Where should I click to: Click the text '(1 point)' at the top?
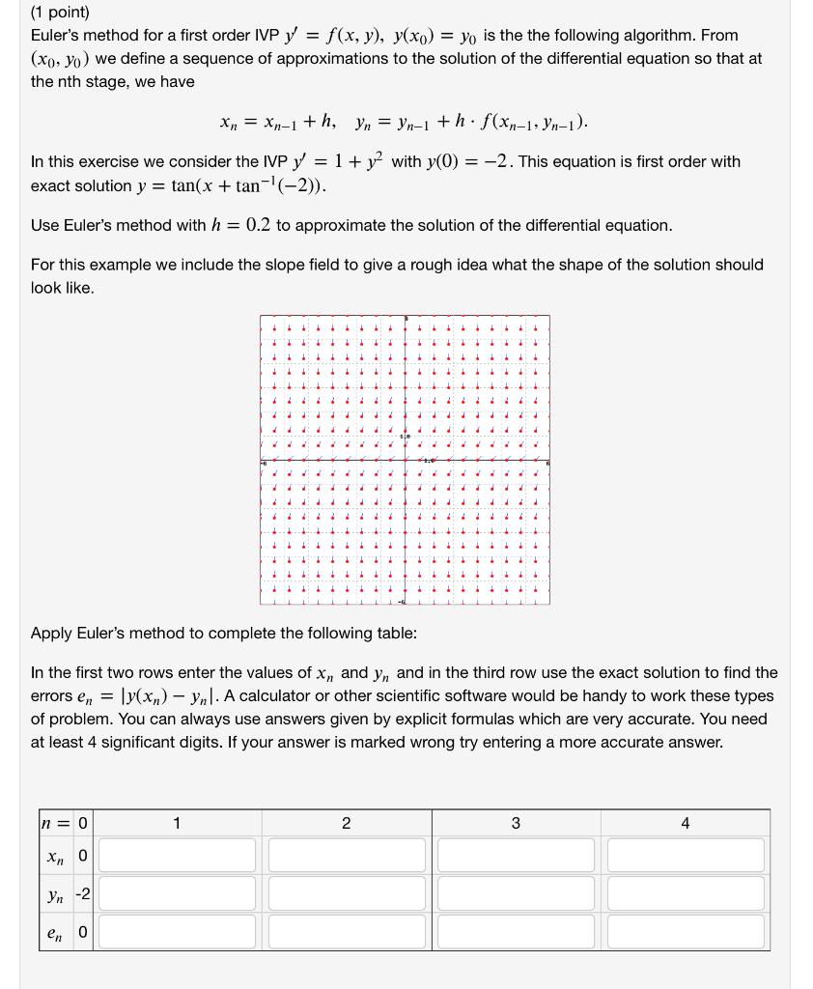(60, 13)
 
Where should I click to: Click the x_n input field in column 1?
(179, 856)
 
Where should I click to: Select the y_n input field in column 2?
(347, 893)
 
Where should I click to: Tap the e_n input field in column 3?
(516, 931)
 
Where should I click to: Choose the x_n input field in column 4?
(686, 856)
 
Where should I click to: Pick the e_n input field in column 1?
(179, 931)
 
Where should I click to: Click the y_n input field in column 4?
(686, 893)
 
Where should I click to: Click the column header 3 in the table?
(516, 823)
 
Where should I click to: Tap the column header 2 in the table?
(347, 823)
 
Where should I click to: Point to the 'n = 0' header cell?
(66, 823)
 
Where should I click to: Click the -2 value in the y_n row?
(83, 893)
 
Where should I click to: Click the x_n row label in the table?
(55, 856)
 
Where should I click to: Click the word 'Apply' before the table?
(52, 634)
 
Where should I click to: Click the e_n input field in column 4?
(686, 931)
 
